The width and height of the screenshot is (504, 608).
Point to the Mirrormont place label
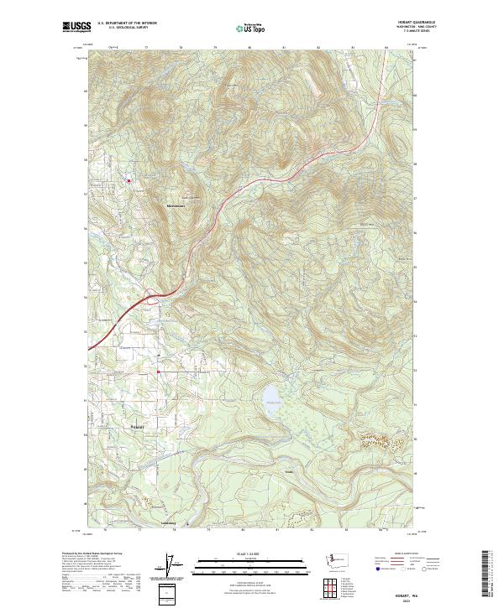coord(176,205)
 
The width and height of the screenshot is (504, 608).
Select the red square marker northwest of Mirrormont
coord(129,179)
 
